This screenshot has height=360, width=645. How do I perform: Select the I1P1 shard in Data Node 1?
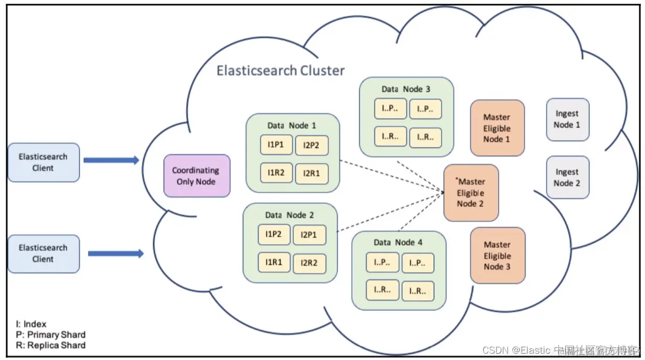tap(275, 145)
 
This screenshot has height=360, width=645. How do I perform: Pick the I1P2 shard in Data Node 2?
tap(273, 234)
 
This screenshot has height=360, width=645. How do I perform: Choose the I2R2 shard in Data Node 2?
tap(309, 263)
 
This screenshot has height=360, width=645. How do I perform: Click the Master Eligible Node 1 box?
tap(497, 128)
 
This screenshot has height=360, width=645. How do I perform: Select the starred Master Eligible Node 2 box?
tap(470, 193)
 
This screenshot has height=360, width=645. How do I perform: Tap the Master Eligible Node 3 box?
tap(497, 256)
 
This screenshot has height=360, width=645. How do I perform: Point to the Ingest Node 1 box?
tap(567, 119)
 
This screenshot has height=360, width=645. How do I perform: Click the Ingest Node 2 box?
tap(567, 177)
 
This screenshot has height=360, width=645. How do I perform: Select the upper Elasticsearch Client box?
tap(44, 162)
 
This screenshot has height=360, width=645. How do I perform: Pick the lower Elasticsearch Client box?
tap(44, 254)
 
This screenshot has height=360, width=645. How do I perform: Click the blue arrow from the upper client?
tap(111, 160)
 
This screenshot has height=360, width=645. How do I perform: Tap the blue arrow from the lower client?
tap(115, 254)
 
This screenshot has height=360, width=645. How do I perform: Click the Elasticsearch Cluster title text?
tap(281, 71)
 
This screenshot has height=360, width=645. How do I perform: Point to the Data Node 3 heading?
tap(405, 89)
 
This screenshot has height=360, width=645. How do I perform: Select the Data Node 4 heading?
tap(398, 242)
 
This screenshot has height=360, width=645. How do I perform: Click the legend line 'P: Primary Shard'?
tap(50, 335)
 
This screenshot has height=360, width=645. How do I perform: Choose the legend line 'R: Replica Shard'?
tap(50, 345)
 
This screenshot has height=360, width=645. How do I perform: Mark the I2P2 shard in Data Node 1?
tap(311, 145)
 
